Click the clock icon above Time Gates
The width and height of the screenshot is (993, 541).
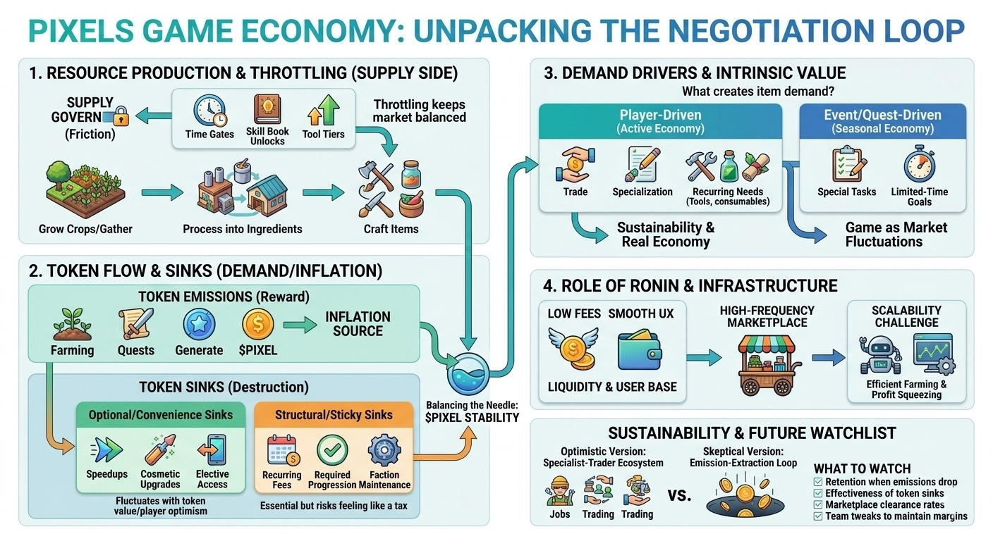[x=209, y=111]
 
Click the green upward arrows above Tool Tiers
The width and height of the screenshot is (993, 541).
[x=323, y=111]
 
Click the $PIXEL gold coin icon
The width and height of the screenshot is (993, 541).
[x=257, y=325]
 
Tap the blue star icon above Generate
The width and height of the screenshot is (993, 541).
[x=198, y=325]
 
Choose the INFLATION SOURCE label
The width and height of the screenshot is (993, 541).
[x=358, y=324]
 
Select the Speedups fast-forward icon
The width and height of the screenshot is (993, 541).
[x=106, y=449]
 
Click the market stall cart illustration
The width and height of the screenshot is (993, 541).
[x=766, y=363]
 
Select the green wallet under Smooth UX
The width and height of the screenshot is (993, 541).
[x=638, y=352]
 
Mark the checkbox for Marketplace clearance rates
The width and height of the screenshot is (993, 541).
[x=818, y=505]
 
